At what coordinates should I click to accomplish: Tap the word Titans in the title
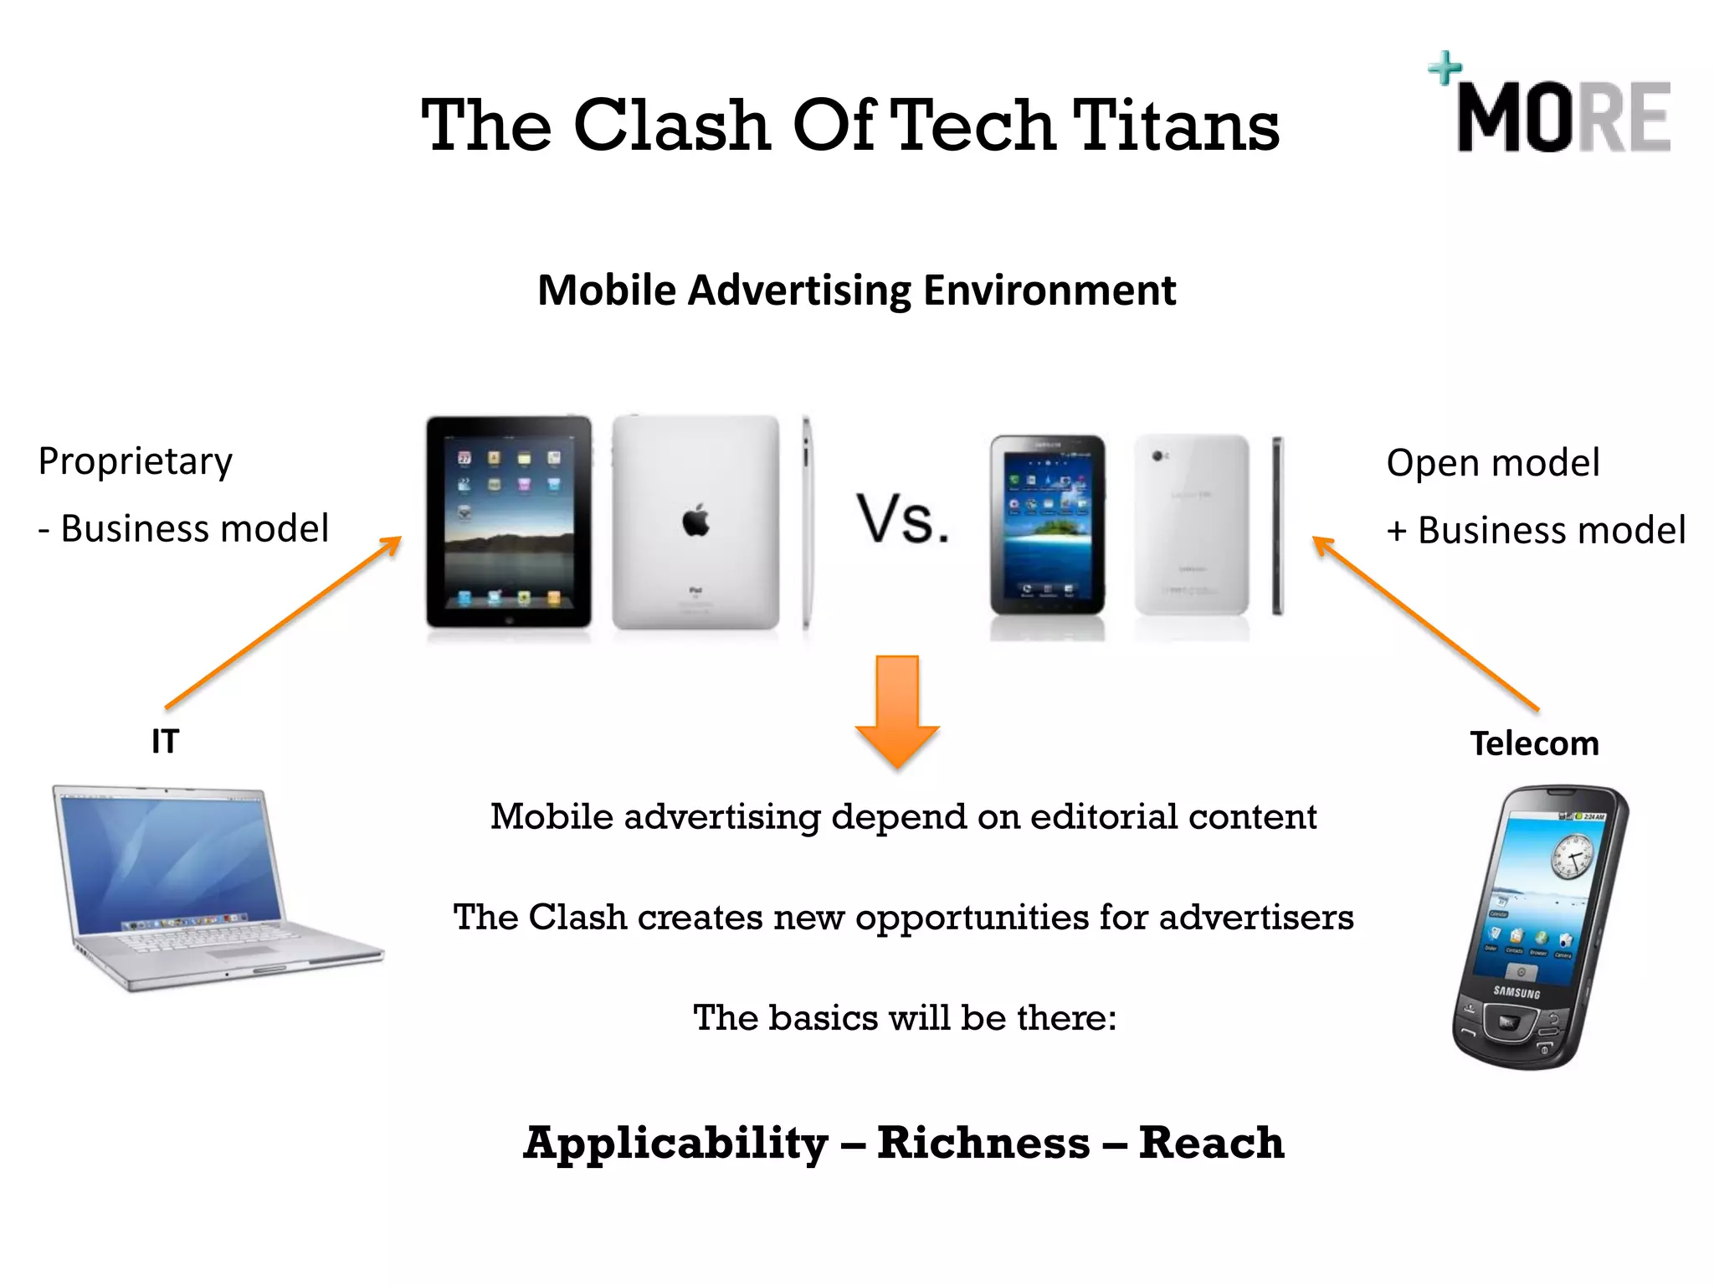click(x=1175, y=126)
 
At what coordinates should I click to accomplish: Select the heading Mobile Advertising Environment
click(x=856, y=291)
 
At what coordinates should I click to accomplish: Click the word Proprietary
click(x=136, y=462)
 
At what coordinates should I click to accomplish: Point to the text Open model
click(x=1492, y=463)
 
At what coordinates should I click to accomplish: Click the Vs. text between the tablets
click(x=902, y=520)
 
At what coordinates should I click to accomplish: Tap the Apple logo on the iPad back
click(x=695, y=520)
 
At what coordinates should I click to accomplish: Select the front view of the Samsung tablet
click(x=1047, y=526)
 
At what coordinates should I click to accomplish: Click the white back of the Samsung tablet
click(x=1192, y=526)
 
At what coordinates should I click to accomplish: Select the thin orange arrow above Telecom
click(x=1424, y=623)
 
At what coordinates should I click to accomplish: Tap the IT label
click(x=165, y=742)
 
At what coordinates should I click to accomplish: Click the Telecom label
click(x=1534, y=743)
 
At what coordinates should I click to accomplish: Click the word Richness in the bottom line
click(x=983, y=1144)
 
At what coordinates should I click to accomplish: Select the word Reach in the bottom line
click(x=1211, y=1144)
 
